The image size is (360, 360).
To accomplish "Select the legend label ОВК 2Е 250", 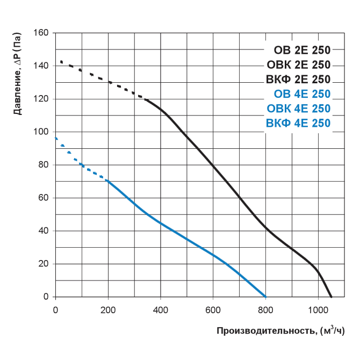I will [x=298, y=65].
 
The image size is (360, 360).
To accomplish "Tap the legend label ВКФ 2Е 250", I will [x=298, y=80].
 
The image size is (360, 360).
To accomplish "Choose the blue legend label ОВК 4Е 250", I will [x=298, y=109].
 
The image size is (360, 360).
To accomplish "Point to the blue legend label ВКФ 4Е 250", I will [x=298, y=123].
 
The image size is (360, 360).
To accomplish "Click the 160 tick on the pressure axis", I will [x=42, y=33].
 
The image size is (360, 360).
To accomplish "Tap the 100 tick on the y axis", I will [x=42, y=132].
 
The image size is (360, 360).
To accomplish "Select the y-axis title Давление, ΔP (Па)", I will [x=18, y=74].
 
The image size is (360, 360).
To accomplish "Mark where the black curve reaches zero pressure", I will [x=332, y=297].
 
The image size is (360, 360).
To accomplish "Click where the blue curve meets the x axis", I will [x=265, y=297].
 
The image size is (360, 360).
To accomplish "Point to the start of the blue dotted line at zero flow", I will [x=56, y=138].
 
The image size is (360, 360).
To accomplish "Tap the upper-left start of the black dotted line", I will [x=61, y=62].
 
